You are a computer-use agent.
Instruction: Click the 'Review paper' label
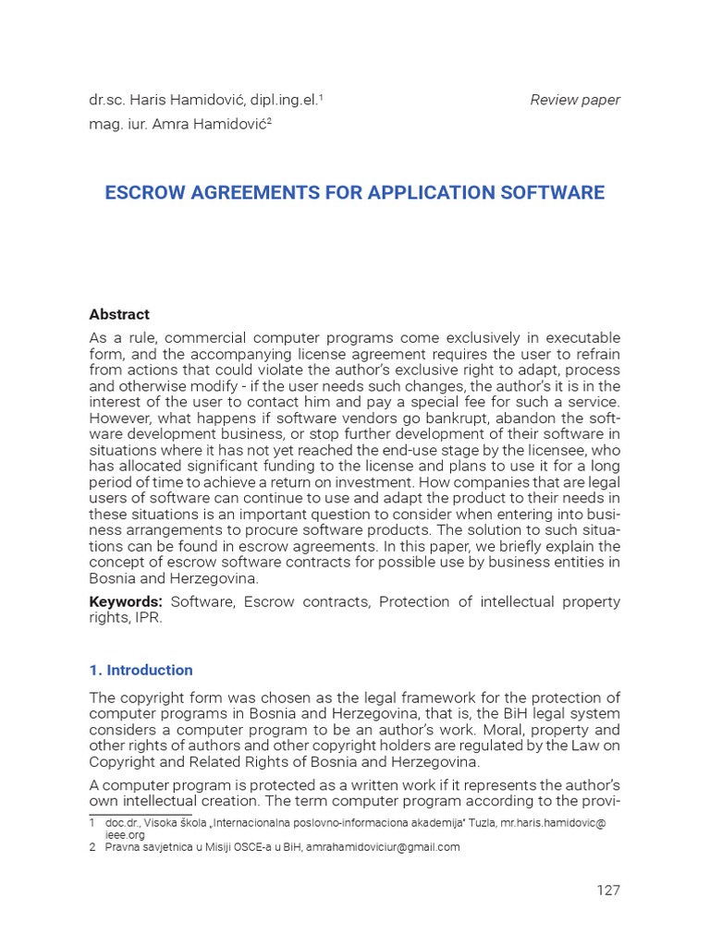575,100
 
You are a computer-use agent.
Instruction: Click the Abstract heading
119,314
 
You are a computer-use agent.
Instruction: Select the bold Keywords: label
126,602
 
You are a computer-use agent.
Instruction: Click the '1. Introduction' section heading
141,670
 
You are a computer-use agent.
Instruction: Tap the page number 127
607,891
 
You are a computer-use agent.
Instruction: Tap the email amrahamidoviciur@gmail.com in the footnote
383,846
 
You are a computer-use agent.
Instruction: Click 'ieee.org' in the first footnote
125,834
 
